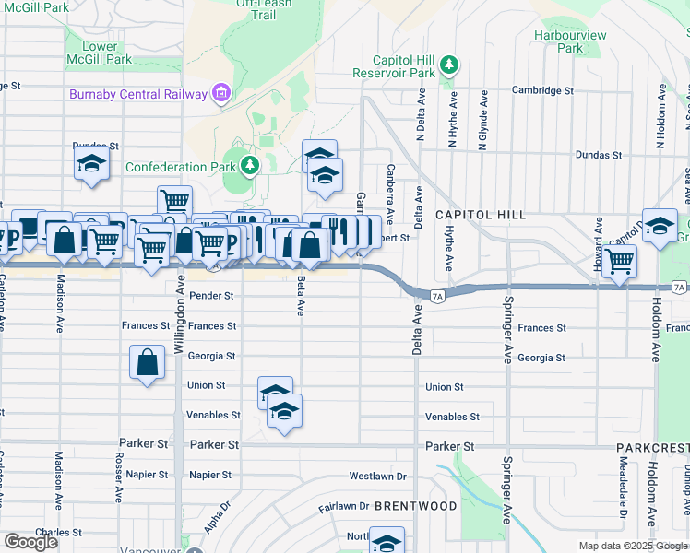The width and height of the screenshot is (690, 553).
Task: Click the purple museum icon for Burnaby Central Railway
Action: click(x=220, y=93)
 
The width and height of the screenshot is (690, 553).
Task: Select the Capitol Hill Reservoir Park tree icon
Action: click(x=448, y=65)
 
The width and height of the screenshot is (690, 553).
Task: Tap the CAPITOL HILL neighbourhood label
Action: click(x=481, y=214)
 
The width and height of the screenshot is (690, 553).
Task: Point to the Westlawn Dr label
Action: click(x=377, y=477)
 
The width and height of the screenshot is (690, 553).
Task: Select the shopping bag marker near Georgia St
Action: click(x=148, y=361)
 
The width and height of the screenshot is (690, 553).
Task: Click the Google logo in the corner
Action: click(x=30, y=542)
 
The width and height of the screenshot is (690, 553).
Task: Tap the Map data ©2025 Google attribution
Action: click(x=633, y=546)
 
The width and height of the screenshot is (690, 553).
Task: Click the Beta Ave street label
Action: click(x=301, y=296)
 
